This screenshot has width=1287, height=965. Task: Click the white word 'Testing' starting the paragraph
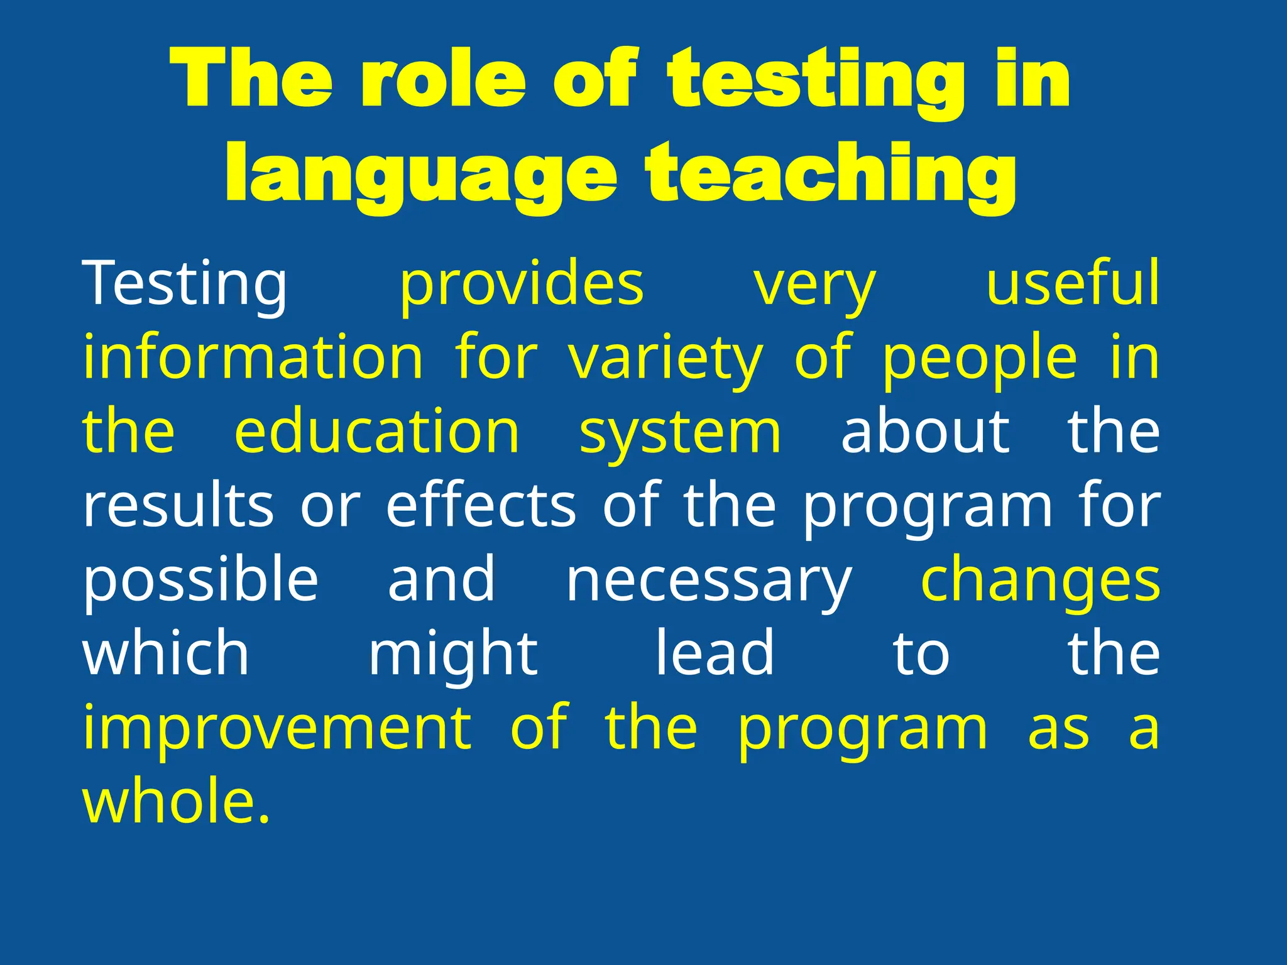185,284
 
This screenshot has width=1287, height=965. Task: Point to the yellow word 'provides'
522,286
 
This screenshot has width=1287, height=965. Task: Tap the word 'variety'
665,359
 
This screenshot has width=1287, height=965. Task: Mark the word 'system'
680,435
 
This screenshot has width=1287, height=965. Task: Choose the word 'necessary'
709,583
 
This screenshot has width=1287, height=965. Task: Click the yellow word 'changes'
1040,582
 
